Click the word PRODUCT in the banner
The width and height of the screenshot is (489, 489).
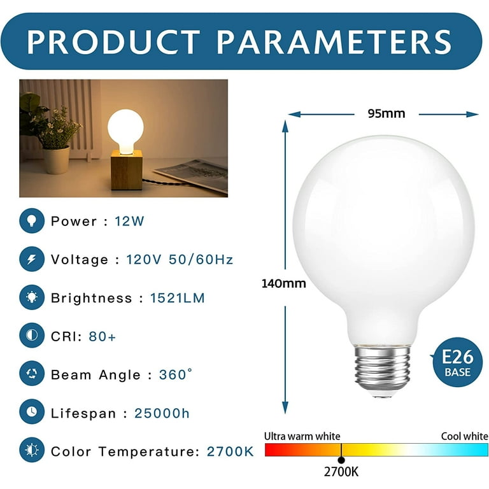pos(113,42)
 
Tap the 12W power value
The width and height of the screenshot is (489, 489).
pos(129,221)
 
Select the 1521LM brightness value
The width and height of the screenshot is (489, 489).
pos(178,298)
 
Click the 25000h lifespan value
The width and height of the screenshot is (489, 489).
pos(162,413)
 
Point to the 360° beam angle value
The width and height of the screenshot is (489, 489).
pos(175,374)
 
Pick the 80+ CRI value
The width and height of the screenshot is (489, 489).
pos(103,336)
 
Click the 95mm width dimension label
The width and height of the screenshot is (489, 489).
pos(386,113)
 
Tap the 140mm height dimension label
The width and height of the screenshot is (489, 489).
pos(283,283)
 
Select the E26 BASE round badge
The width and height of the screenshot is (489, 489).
pos(458,362)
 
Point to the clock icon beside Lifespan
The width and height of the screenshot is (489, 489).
pos(32,412)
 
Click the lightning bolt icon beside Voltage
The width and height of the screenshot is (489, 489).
pos(32,259)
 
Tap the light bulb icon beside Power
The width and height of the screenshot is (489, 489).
pos(32,221)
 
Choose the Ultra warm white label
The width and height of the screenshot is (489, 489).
pos(302,436)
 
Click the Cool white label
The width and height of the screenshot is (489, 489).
pos(464,436)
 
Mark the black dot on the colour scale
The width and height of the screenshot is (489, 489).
pos(341,460)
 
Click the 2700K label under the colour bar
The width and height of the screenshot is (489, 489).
pos(341,472)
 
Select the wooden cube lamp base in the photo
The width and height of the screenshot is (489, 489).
pos(127,169)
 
